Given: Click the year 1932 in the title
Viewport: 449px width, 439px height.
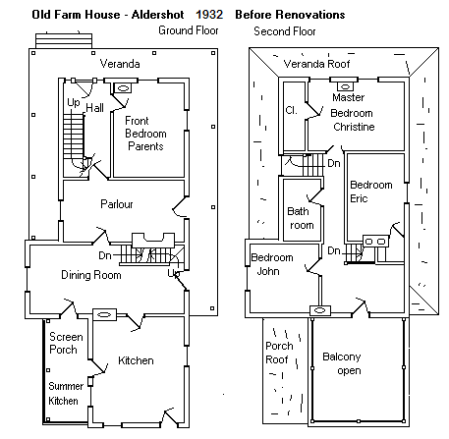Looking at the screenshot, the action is [209, 15].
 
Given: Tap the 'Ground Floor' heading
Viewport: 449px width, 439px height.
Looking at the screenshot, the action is [189, 30].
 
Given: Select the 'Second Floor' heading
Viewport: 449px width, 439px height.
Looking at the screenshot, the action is [285, 31].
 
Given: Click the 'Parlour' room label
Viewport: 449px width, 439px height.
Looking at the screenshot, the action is [117, 204].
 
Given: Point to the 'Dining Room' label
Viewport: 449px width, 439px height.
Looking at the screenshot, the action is [91, 275].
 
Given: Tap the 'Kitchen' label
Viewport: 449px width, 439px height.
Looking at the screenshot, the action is [136, 360].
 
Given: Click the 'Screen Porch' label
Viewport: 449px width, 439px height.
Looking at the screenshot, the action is [66, 343].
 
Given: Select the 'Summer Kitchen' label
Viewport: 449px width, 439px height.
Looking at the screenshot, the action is [66, 394].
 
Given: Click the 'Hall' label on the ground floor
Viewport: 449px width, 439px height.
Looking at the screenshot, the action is [94, 108].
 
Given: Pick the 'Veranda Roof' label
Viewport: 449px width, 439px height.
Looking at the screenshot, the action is [316, 64].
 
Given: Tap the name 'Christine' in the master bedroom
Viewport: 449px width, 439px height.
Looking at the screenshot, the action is [354, 127].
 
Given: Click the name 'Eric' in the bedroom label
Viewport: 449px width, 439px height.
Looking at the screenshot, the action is [359, 198].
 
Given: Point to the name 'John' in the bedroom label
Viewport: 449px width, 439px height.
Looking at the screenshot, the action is [268, 271].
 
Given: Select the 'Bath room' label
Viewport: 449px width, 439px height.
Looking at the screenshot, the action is [301, 218].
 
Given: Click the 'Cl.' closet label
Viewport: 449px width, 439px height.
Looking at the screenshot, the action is [291, 110].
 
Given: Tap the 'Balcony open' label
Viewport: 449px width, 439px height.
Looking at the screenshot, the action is [342, 363].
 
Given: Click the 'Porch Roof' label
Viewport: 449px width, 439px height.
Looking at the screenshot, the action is [279, 353].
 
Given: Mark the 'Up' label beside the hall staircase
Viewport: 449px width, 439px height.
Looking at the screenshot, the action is [74, 103].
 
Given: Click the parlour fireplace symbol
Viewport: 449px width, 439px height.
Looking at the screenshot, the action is [153, 240].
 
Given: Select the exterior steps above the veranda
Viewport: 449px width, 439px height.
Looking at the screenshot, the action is [64, 41].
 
